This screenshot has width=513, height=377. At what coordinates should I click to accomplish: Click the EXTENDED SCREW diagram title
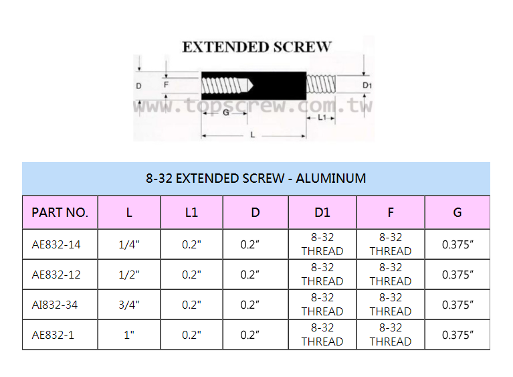(256, 47)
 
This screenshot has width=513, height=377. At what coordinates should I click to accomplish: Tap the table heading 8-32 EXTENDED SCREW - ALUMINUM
(256, 179)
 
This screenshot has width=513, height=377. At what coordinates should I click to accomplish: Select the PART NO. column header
(60, 213)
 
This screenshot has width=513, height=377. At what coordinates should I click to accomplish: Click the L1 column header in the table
(191, 213)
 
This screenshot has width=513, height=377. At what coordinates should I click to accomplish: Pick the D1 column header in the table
(322, 213)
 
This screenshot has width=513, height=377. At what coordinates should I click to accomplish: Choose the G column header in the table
(457, 213)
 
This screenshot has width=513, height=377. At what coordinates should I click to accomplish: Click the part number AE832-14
(56, 244)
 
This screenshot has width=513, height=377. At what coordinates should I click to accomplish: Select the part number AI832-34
(55, 305)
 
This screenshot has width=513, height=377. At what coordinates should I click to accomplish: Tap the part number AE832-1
(53, 335)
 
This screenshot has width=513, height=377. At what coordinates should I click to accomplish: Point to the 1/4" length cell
(129, 244)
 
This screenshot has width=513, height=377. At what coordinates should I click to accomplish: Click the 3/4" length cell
(129, 305)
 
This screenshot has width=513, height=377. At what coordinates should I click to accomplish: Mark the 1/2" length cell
(129, 275)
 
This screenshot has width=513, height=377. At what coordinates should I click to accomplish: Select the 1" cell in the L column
(129, 335)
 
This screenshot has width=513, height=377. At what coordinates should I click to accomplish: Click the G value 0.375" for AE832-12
(457, 275)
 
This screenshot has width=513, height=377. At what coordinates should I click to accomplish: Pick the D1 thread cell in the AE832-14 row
(322, 244)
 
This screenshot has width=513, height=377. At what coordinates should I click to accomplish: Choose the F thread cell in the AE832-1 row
(391, 335)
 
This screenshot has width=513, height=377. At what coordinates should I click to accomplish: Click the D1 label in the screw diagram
(367, 86)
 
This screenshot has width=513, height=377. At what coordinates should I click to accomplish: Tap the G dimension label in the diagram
(226, 112)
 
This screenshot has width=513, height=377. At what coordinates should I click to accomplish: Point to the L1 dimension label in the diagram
(322, 117)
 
